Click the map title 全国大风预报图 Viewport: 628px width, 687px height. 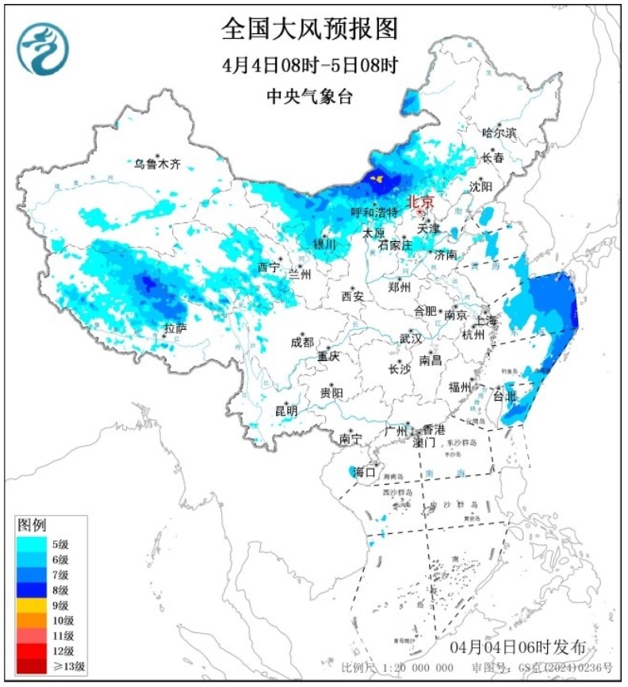tap(309, 29)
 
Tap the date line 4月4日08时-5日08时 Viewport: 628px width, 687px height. tap(309, 65)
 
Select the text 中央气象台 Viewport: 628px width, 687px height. tap(309, 97)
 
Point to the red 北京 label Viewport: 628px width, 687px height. tap(420, 203)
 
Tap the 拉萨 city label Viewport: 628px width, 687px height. tap(175, 328)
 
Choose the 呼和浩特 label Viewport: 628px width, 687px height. tap(375, 213)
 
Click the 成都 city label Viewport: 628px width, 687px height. tap(301, 342)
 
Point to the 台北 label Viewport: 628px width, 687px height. tap(504, 395)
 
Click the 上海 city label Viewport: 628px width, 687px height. tap(488, 321)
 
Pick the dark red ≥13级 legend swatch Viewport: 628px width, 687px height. tap(30, 666)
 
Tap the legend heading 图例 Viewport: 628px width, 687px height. tap(33, 525)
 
